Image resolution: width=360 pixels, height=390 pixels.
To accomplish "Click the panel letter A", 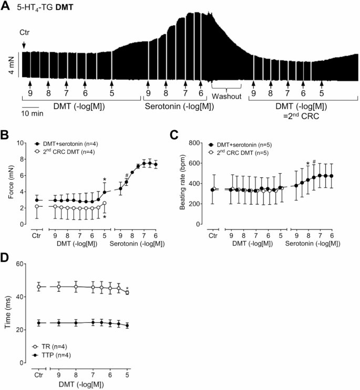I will tap(6, 7).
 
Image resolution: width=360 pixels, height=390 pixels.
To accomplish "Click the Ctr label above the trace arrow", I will tap(24, 33).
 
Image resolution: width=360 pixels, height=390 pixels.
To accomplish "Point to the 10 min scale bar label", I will tap(33, 114).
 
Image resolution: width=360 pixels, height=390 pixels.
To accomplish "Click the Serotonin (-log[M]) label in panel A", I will tap(174, 106).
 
